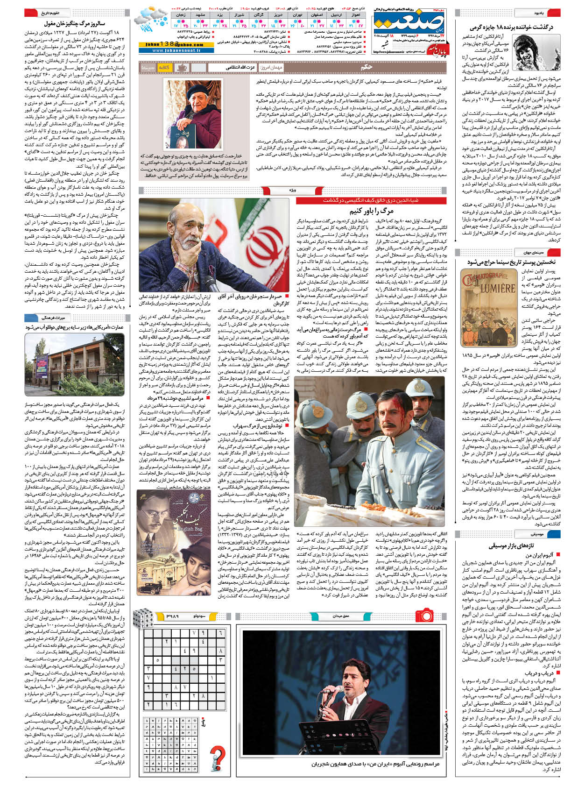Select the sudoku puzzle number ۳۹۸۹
172,616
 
